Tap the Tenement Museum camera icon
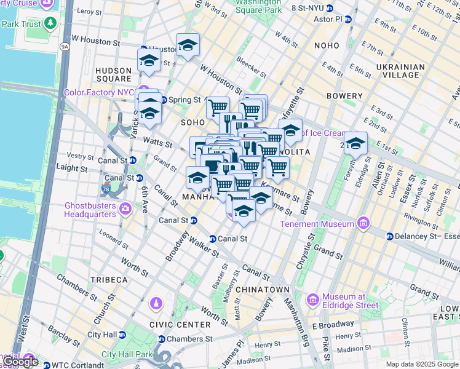[363, 223]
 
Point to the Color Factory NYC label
[98, 92]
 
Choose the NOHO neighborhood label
[326, 46]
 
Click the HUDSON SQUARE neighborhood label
[114, 74]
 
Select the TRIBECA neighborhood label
[109, 279]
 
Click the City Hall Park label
[126, 354]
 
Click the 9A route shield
[65, 46]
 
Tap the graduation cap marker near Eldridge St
[355, 143]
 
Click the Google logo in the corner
[20, 362]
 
